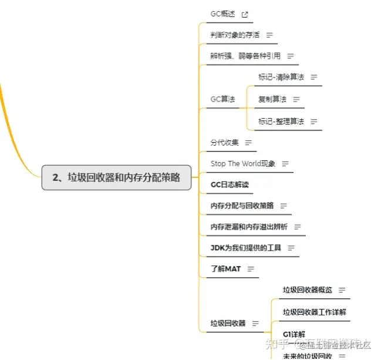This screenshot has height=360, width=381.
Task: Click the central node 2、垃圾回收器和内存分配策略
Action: pos(116,177)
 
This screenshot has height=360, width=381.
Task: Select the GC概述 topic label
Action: pos(222,14)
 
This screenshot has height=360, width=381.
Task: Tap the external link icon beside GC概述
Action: pos(245,15)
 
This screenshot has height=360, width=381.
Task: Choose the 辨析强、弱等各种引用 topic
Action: pos(245,56)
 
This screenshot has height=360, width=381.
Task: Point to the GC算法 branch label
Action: pos(222,99)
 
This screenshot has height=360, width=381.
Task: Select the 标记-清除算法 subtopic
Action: pos(281,77)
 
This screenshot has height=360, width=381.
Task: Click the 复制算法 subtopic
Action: pos(272,99)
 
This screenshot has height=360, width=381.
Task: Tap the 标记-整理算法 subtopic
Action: pos(281,121)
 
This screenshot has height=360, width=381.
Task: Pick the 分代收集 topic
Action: pos(225,142)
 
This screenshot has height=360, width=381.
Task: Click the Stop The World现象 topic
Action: pos(243,163)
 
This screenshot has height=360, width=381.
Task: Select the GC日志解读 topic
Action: pos(230,184)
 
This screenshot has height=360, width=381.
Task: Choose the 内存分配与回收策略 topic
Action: pos(242,206)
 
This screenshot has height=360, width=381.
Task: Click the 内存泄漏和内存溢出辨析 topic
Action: pos(249,227)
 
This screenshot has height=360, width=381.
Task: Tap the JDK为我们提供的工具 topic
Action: pos(246,248)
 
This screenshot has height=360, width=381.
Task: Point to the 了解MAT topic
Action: pos(225,269)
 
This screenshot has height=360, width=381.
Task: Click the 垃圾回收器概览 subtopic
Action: pos(307,290)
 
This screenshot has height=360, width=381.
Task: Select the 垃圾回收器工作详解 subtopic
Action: pos(315,312)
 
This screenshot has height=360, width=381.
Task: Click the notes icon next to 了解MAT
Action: pos(251,269)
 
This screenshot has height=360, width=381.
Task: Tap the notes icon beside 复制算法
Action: pos(296,99)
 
